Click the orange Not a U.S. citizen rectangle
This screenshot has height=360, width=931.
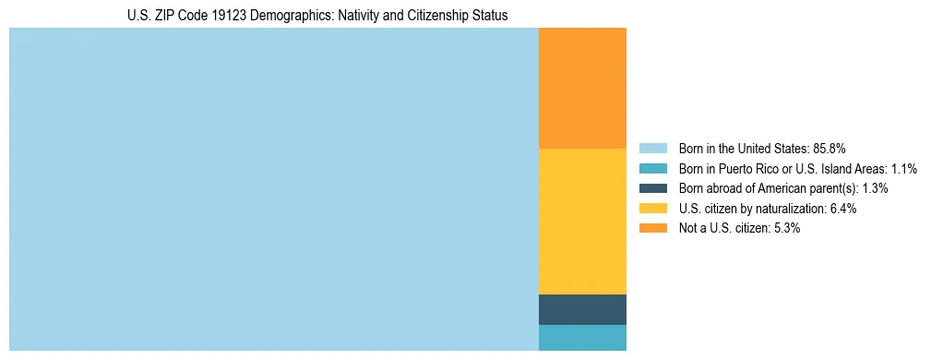(582, 89)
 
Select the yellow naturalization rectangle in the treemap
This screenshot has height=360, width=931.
(582, 222)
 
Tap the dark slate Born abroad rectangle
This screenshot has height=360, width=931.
(582, 309)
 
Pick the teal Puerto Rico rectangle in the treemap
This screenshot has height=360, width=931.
(582, 338)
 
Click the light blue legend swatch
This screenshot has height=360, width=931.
(652, 148)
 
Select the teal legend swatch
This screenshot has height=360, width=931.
(652, 168)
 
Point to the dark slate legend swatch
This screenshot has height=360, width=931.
(652, 188)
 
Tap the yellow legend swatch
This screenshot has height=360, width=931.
(652, 209)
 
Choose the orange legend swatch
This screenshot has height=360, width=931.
(652, 228)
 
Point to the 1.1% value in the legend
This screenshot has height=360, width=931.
(904, 168)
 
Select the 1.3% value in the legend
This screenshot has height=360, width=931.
(876, 188)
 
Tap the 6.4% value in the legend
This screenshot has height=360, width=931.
(842, 209)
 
